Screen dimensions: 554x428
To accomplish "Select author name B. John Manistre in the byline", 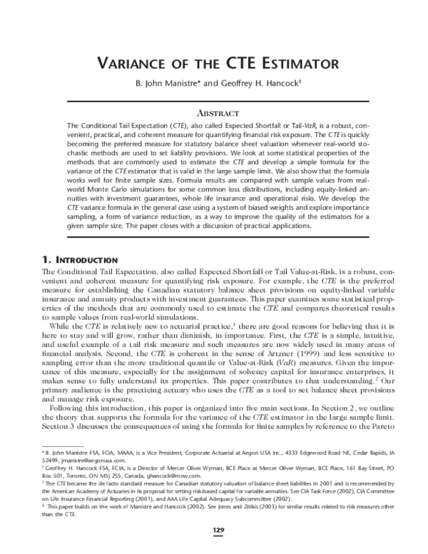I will [165, 83].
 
